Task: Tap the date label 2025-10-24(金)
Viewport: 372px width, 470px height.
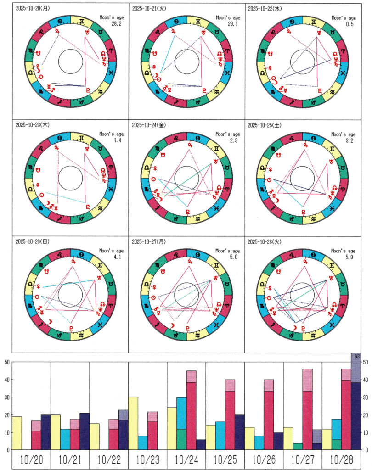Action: pyautogui.click(x=148, y=124)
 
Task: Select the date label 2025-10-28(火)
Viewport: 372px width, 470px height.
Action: pyautogui.click(x=265, y=241)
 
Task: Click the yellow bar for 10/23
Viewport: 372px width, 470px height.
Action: pyautogui.click(x=133, y=423)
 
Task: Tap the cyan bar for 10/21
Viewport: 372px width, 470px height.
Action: pyautogui.click(x=65, y=439)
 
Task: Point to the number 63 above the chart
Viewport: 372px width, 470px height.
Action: pyautogui.click(x=355, y=356)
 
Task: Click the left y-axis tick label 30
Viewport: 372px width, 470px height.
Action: pyautogui.click(x=7, y=397)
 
